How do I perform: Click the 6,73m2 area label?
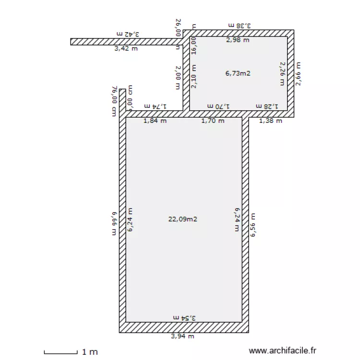238,73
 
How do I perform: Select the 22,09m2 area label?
183,219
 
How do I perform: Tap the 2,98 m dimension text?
238,40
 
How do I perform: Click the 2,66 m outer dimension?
299,74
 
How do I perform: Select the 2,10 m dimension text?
194,76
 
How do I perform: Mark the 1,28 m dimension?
267,106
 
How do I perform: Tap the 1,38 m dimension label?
270,121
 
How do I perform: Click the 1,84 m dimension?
156,121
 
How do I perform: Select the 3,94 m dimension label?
183,336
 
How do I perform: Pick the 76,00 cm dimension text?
114,101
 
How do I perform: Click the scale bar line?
60,352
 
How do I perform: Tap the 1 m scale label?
90,352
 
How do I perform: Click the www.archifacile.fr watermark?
283,351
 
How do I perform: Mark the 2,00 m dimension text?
178,78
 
